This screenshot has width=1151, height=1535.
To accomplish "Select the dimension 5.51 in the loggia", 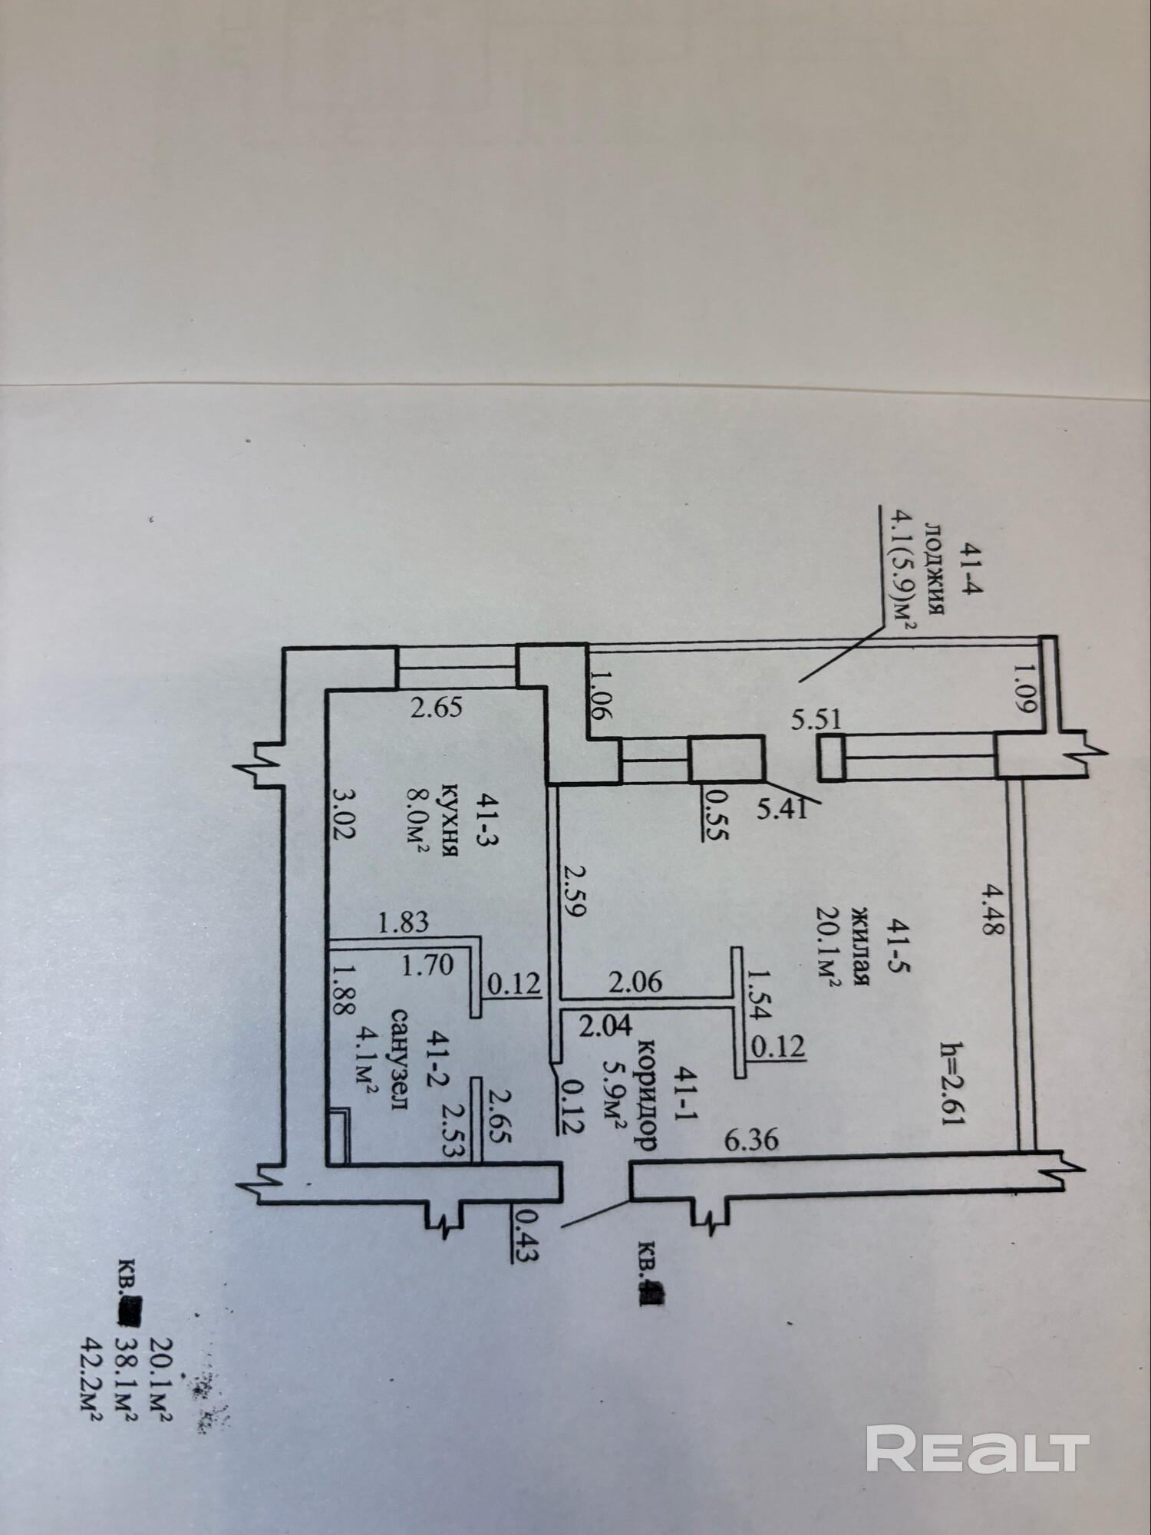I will [817, 720].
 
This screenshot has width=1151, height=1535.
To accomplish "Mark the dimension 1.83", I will [404, 920].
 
